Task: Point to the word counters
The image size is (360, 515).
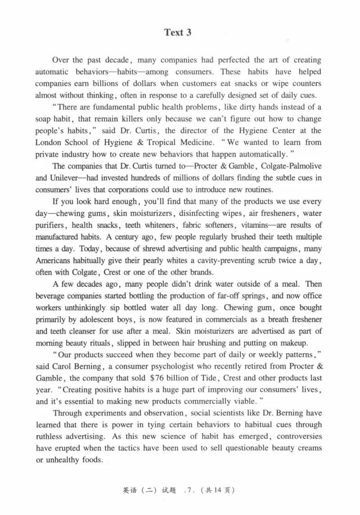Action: [x=306, y=83]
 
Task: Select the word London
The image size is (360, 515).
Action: [x=51, y=142]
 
